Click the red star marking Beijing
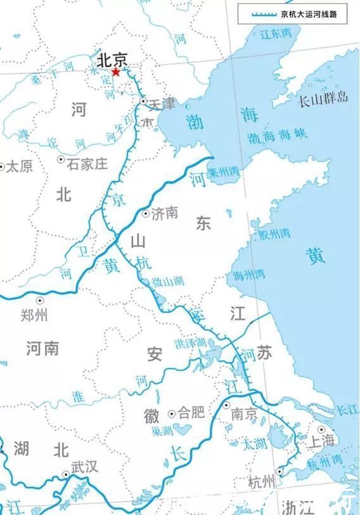(x=116, y=72)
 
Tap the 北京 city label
(x=113, y=60)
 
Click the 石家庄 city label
(x=87, y=164)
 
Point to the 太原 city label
(x=19, y=167)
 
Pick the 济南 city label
(x=165, y=214)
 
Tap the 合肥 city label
(x=191, y=413)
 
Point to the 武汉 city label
(x=84, y=467)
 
